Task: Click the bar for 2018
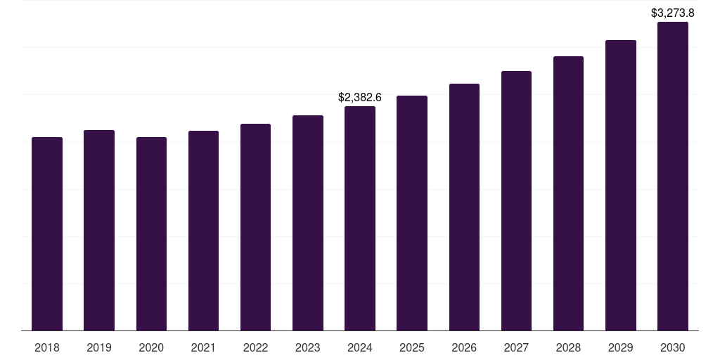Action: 47,233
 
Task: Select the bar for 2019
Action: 99,230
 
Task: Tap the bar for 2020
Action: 151,233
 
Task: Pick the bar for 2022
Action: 255,227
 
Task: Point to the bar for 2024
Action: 360,218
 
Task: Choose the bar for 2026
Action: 464,207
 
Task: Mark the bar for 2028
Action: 568,193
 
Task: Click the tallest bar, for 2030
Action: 673,176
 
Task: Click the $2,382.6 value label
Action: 360,97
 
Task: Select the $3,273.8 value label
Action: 673,13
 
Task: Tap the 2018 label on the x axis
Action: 47,347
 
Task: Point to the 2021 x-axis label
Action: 203,347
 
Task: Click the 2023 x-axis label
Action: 308,347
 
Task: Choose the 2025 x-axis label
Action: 412,347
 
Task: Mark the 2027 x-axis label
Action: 516,347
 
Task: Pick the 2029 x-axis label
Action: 621,347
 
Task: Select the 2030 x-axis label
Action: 673,347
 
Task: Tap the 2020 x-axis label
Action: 151,347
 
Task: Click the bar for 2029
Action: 621,185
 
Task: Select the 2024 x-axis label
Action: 360,347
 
